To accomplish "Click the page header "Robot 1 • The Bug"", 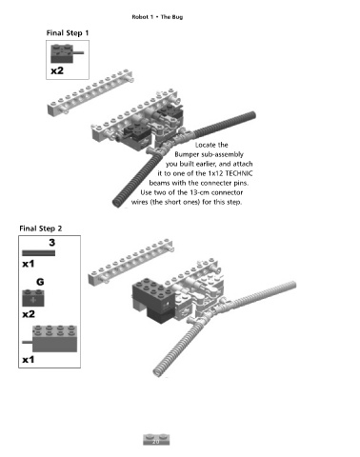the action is click(x=157, y=17).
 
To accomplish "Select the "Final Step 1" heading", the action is click(x=68, y=33).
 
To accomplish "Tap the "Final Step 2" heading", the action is click(x=41, y=228).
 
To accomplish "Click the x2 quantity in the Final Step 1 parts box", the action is click(x=57, y=70).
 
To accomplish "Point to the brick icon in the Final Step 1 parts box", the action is click(x=66, y=53).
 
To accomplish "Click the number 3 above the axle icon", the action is click(x=52, y=243).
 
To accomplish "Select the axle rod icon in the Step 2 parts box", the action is click(x=38, y=253).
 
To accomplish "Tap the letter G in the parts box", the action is click(x=40, y=282).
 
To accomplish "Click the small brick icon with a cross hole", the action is click(x=33, y=298).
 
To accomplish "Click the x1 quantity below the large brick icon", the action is click(x=29, y=360).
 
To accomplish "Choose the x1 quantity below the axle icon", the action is click(x=29, y=264).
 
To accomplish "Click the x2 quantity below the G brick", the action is click(x=29, y=314).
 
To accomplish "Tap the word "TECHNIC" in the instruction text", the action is click(x=239, y=173).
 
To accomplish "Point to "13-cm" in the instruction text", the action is click(x=199, y=192).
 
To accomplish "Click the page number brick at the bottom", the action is click(x=156, y=440).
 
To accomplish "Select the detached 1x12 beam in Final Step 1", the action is click(x=90, y=92).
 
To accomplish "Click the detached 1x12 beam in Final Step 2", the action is click(x=130, y=263).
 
